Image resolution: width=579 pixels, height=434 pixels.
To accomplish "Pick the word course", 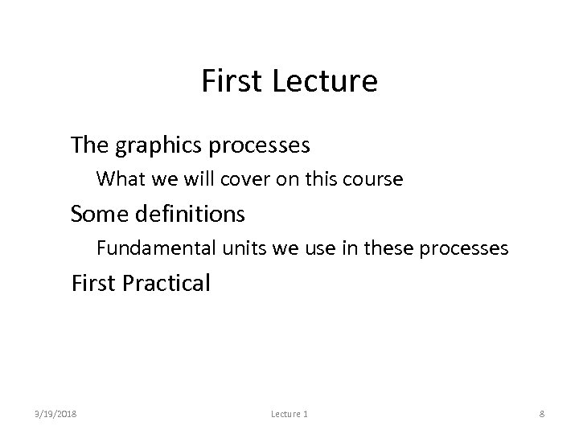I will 374,178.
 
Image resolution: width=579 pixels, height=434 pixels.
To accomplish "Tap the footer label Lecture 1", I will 289,414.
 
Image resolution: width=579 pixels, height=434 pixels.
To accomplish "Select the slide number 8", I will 542,414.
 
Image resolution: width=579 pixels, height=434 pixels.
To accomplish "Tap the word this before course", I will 323,178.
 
